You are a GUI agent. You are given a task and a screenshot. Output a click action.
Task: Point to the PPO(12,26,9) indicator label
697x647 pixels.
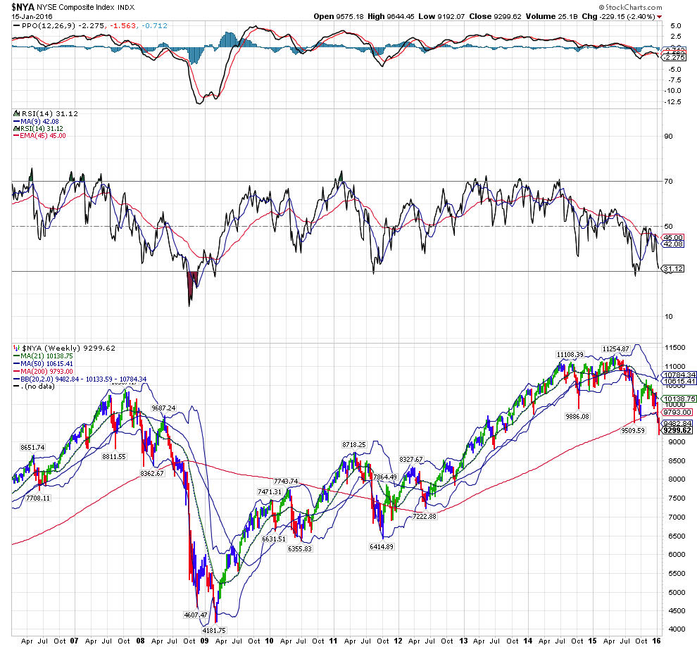(42, 26)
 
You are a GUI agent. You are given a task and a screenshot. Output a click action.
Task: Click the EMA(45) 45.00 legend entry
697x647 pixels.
(42, 135)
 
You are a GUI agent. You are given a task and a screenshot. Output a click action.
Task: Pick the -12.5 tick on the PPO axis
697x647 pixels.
(674, 101)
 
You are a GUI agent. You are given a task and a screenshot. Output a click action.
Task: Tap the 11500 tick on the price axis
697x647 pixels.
(674, 348)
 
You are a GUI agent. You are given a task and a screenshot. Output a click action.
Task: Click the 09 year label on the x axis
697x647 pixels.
(204, 641)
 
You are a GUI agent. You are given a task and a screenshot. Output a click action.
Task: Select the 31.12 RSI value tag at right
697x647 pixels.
(674, 269)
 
